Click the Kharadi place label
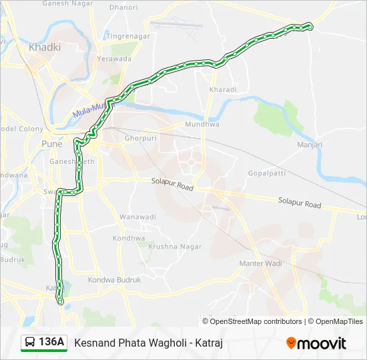pyautogui.click(x=223, y=89)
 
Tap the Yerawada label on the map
pyautogui.click(x=115, y=59)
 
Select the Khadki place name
pyautogui.click(x=45, y=47)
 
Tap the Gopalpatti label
pyautogui.click(x=266, y=172)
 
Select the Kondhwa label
pyautogui.click(x=129, y=238)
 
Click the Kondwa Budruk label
pyautogui.click(x=114, y=280)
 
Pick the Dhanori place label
pyautogui.click(x=123, y=8)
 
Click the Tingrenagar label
pyautogui.click(x=125, y=35)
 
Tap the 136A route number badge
pyautogui.click(x=51, y=342)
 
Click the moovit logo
pyautogui.click(x=316, y=343)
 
